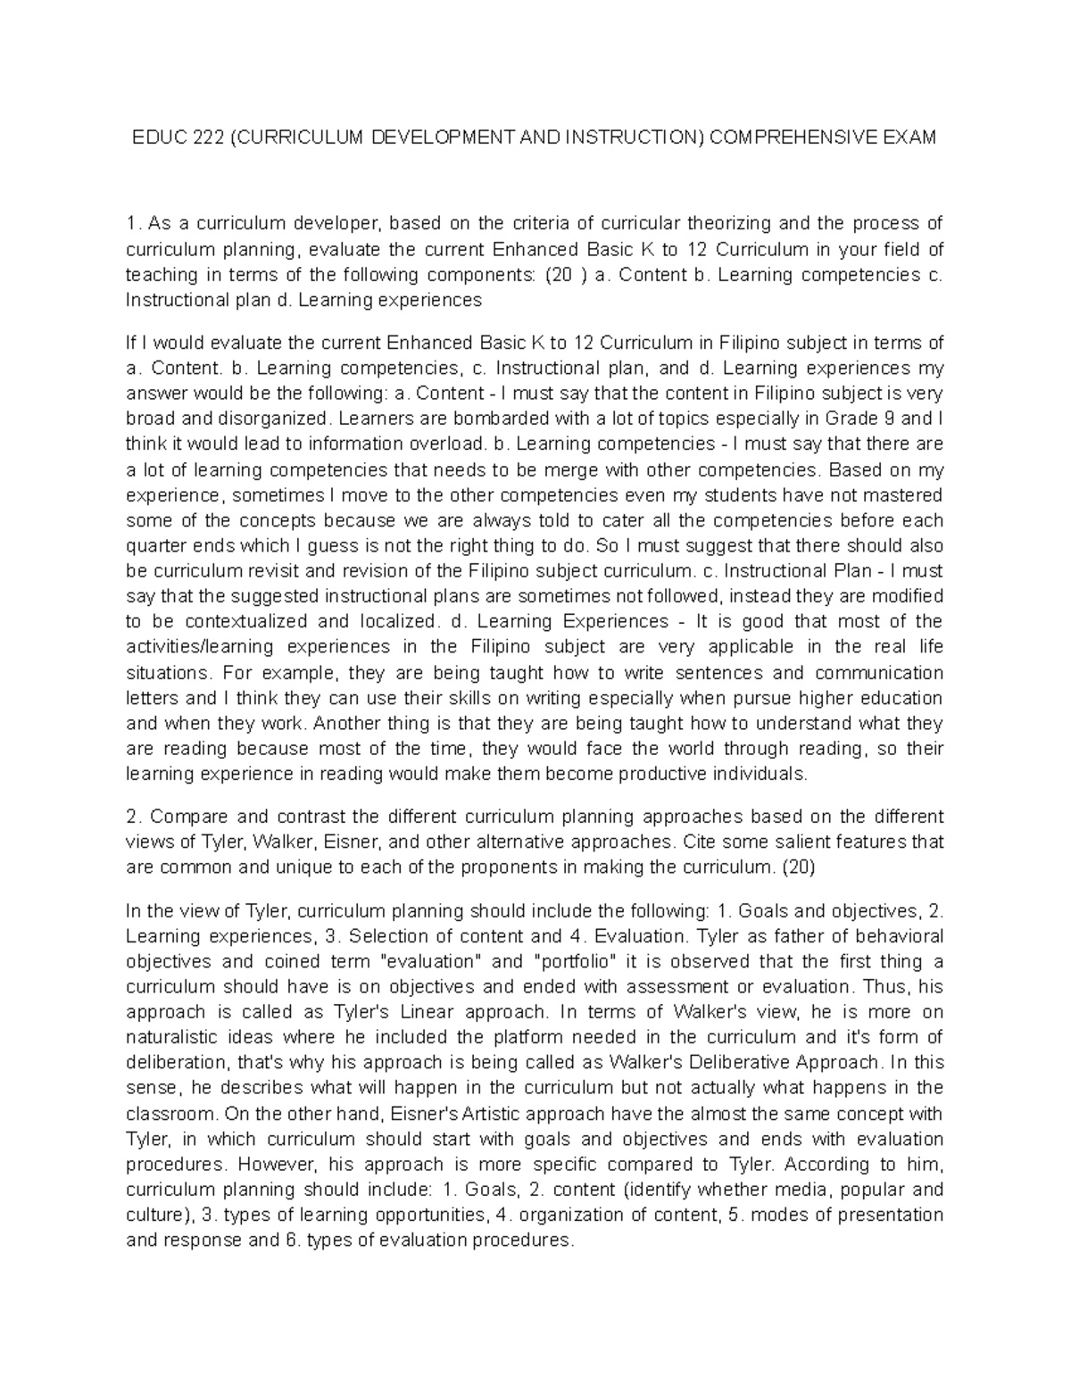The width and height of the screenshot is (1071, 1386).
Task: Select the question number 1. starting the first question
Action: click(133, 223)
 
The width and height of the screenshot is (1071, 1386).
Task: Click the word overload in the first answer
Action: click(444, 444)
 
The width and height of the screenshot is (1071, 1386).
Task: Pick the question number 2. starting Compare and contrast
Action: click(133, 817)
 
